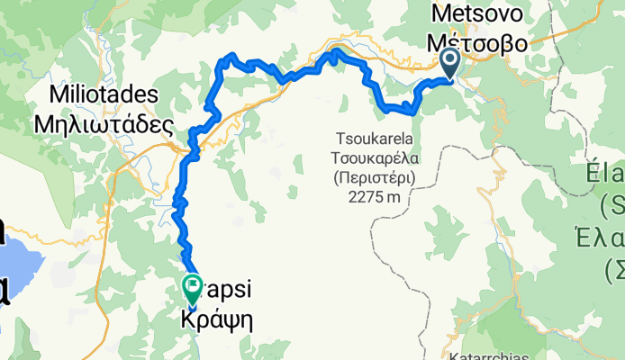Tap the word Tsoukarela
[x=373, y=140]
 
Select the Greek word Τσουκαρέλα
[x=373, y=158]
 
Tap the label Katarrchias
[x=540, y=353]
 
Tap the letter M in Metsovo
[x=441, y=13]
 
